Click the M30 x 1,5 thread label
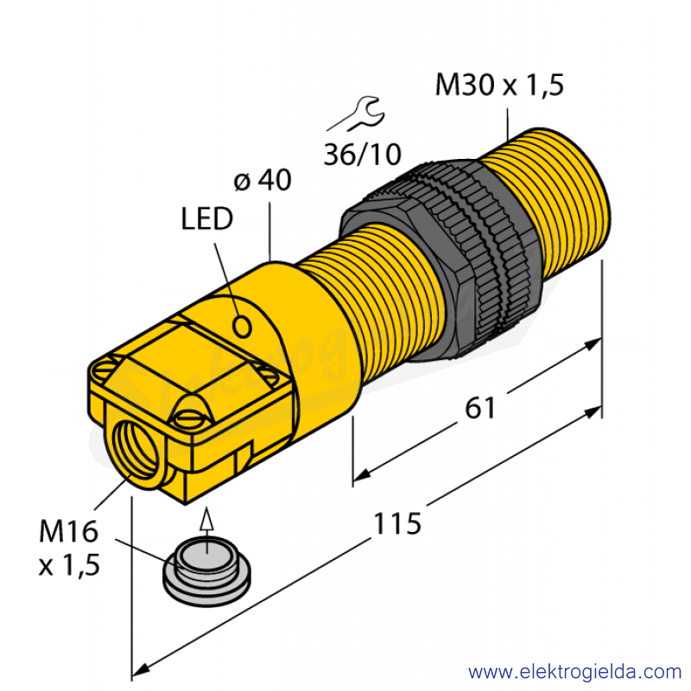[x=499, y=85]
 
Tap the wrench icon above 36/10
[x=356, y=114]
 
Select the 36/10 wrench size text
[x=362, y=155]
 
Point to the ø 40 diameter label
[x=263, y=180]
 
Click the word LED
[x=207, y=219]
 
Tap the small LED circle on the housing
[x=242, y=327]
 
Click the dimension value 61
[x=480, y=408]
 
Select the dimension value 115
[x=397, y=523]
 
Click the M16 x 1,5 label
[x=69, y=548]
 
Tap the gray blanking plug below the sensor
[x=206, y=572]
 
